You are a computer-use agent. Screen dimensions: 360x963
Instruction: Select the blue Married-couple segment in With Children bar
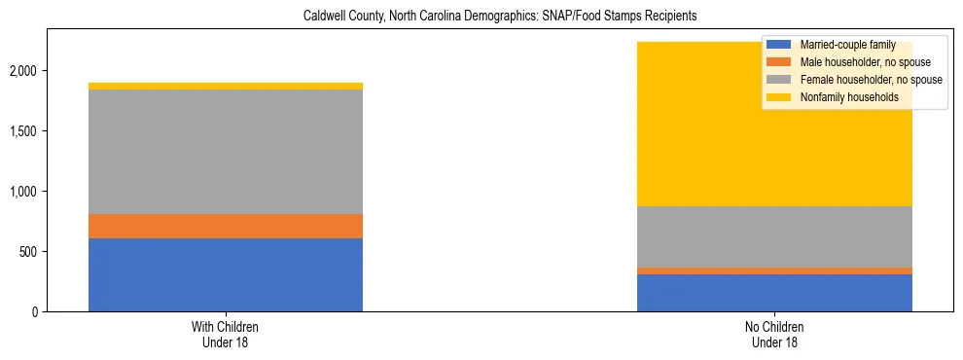226,274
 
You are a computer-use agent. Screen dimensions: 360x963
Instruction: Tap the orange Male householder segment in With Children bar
226,226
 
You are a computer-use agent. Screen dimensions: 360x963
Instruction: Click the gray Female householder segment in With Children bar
226,152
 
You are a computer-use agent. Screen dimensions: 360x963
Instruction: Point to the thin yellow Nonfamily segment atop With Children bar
226,87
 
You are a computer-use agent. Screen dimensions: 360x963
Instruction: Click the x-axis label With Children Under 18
226,335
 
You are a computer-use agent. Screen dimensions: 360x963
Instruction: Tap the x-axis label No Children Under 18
774,335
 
